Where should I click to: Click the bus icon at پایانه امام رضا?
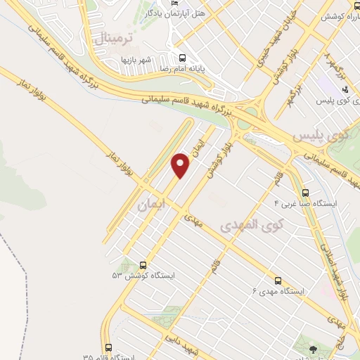point(183,58)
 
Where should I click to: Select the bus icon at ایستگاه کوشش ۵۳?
point(143,265)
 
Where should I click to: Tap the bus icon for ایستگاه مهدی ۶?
point(278,279)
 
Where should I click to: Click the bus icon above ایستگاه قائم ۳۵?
point(108,347)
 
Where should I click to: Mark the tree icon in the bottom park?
point(313,348)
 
